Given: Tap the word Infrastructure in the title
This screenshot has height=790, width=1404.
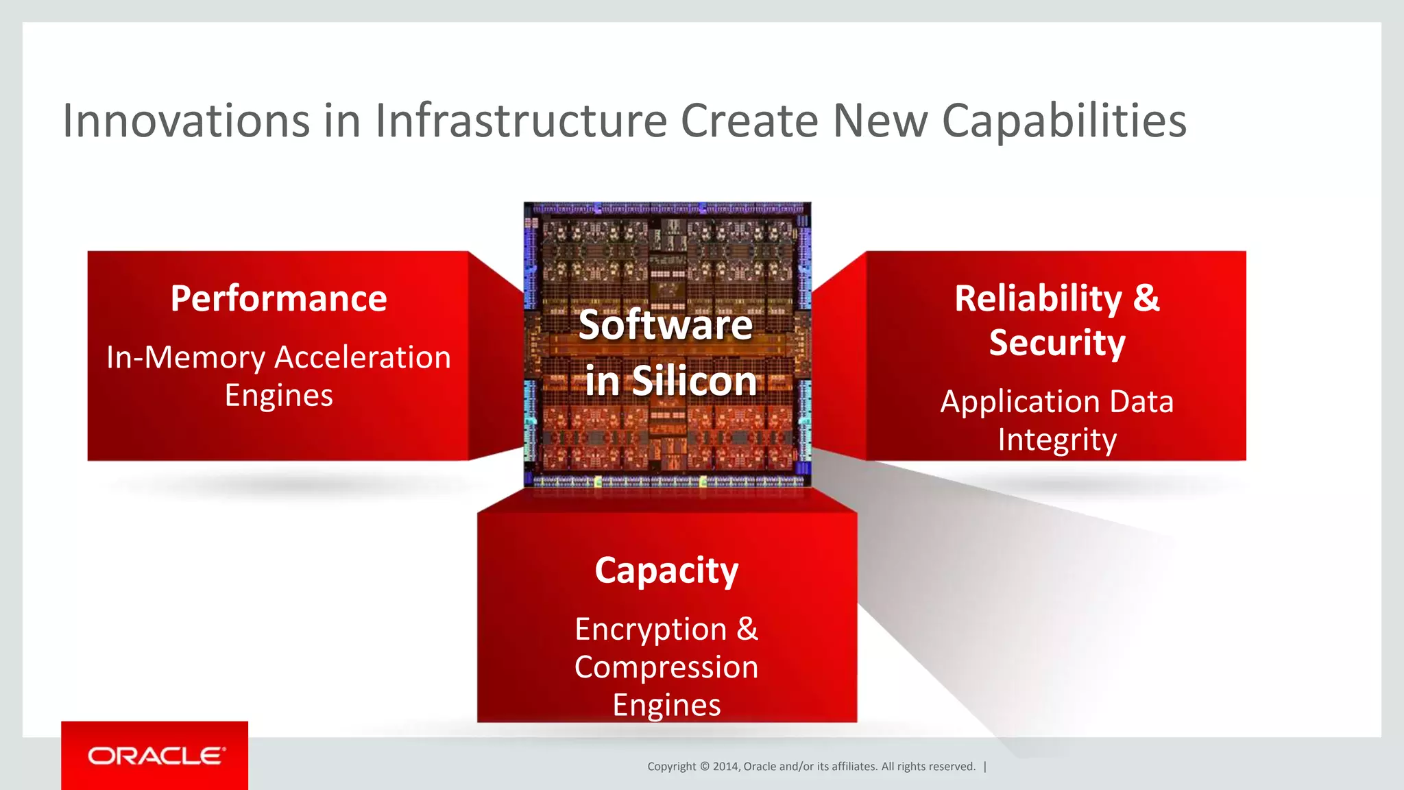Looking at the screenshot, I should pos(521,121).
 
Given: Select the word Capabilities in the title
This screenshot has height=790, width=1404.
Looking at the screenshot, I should pos(1064,122).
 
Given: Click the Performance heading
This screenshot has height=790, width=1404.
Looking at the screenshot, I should pos(278,298).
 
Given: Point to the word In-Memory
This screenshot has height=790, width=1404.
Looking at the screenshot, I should pos(186,358).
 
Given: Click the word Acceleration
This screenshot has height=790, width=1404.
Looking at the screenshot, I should pos(363,358).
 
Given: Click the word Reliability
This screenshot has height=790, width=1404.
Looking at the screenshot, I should pos(1038,298).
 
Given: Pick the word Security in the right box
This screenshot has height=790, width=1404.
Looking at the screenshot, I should pos(1057,343).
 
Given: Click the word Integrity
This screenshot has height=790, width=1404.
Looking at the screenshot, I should pos(1057,440).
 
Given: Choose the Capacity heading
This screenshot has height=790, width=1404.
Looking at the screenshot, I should pos(666,571).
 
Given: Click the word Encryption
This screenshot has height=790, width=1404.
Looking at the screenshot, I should pos(651,630).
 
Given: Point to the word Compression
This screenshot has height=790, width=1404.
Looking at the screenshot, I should pos(666,667).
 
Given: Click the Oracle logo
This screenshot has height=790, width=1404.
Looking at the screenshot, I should pos(155,756).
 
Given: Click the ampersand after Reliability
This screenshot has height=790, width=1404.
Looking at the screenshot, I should pos(1146,298).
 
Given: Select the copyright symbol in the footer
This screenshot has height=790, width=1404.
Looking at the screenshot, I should pos(705,767).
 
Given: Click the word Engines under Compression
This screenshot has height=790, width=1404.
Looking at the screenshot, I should pos(666,705).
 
